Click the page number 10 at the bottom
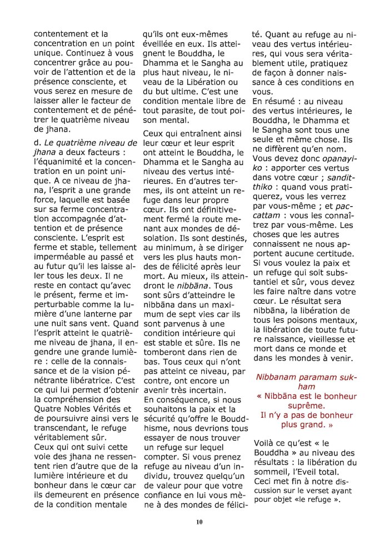coord(199,522)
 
